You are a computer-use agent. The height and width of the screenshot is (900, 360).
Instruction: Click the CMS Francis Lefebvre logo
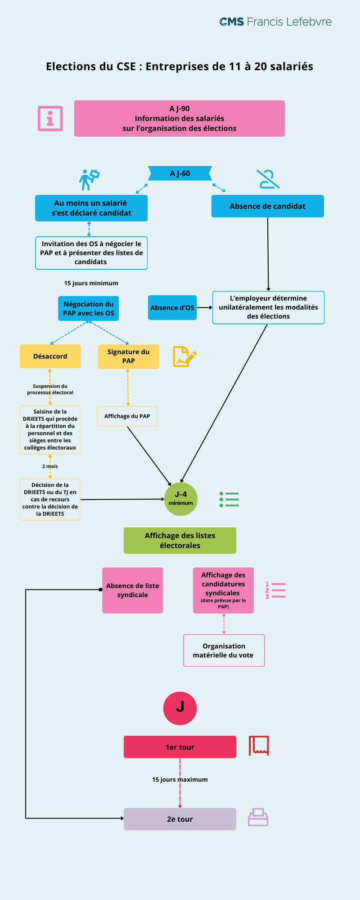click(x=275, y=22)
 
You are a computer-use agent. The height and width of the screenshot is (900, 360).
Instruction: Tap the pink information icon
click(x=50, y=118)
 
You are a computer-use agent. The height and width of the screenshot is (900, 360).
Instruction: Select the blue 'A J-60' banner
click(x=180, y=173)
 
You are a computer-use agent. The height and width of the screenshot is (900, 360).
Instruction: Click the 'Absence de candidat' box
click(x=267, y=206)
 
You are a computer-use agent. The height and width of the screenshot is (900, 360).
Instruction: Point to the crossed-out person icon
click(x=268, y=179)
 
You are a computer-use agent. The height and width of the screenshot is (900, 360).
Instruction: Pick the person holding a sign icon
click(x=89, y=180)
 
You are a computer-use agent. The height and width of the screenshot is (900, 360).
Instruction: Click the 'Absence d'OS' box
click(x=172, y=308)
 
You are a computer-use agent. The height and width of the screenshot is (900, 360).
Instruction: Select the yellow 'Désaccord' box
click(x=50, y=356)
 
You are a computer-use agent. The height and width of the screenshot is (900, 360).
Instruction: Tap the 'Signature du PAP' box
click(x=128, y=356)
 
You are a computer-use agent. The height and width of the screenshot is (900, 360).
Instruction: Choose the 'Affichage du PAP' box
click(x=127, y=416)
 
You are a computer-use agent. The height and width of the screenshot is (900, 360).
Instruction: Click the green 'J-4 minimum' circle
click(x=181, y=499)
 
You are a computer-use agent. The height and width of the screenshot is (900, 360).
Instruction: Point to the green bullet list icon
click(x=229, y=499)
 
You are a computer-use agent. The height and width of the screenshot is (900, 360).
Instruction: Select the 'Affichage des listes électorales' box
click(x=180, y=540)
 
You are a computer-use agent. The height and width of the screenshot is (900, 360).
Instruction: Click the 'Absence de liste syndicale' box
click(x=133, y=590)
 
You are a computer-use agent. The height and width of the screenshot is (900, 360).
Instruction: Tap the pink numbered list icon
click(x=275, y=590)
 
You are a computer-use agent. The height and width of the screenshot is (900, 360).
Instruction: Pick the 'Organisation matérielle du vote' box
click(x=224, y=651)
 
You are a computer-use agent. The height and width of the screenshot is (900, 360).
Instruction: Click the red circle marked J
click(x=180, y=708)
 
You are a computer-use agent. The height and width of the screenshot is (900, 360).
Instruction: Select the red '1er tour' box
click(x=180, y=747)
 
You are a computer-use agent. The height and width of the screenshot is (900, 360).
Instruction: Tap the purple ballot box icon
click(x=258, y=817)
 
